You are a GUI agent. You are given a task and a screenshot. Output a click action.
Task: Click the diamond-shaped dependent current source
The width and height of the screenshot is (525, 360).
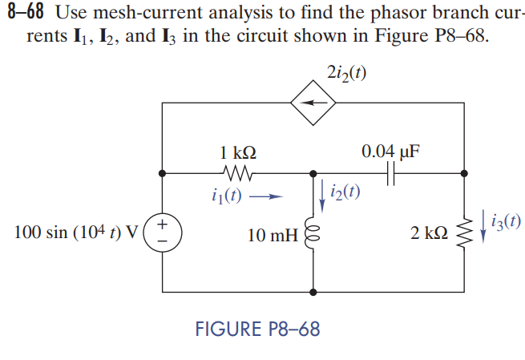(x=313, y=103)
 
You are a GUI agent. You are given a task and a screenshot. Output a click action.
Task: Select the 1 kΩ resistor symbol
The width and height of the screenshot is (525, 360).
(x=237, y=172)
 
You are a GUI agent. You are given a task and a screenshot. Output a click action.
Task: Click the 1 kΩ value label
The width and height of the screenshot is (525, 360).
(x=238, y=152)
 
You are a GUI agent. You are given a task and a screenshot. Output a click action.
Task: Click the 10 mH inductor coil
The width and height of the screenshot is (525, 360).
(x=313, y=236)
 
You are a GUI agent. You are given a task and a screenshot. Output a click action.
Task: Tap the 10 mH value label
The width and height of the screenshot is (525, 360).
(x=273, y=236)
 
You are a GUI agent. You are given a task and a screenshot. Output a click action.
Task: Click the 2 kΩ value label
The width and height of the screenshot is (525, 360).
(x=429, y=233)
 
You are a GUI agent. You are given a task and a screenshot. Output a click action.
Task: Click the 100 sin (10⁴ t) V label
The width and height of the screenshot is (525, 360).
(x=77, y=233)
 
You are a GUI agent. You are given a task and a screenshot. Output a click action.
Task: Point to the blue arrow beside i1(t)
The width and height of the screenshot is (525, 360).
(x=269, y=196)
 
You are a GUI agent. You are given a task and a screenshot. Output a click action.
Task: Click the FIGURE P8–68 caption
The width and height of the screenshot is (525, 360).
(x=257, y=329)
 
